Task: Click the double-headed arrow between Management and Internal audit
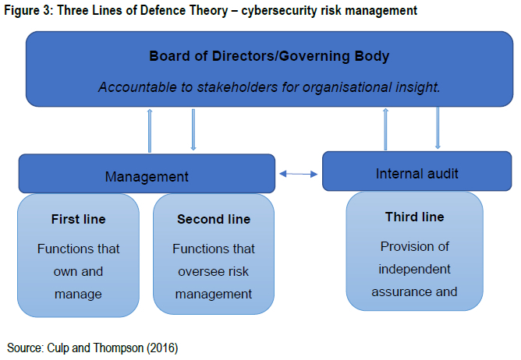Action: tap(299, 174)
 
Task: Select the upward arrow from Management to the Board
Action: tap(150, 130)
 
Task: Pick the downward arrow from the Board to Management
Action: tap(193, 129)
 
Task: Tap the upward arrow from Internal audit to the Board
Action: tap(385, 129)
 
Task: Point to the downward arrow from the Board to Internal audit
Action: tap(438, 128)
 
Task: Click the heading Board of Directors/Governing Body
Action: tap(269, 56)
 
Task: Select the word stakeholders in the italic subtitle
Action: tap(237, 87)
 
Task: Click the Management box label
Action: tap(147, 177)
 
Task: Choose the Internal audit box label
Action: tap(417, 174)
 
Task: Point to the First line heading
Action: tap(79, 219)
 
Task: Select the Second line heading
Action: tap(214, 219)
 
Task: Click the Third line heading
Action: tap(415, 217)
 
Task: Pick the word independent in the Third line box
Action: tap(414, 269)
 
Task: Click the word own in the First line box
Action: tap(65, 272)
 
